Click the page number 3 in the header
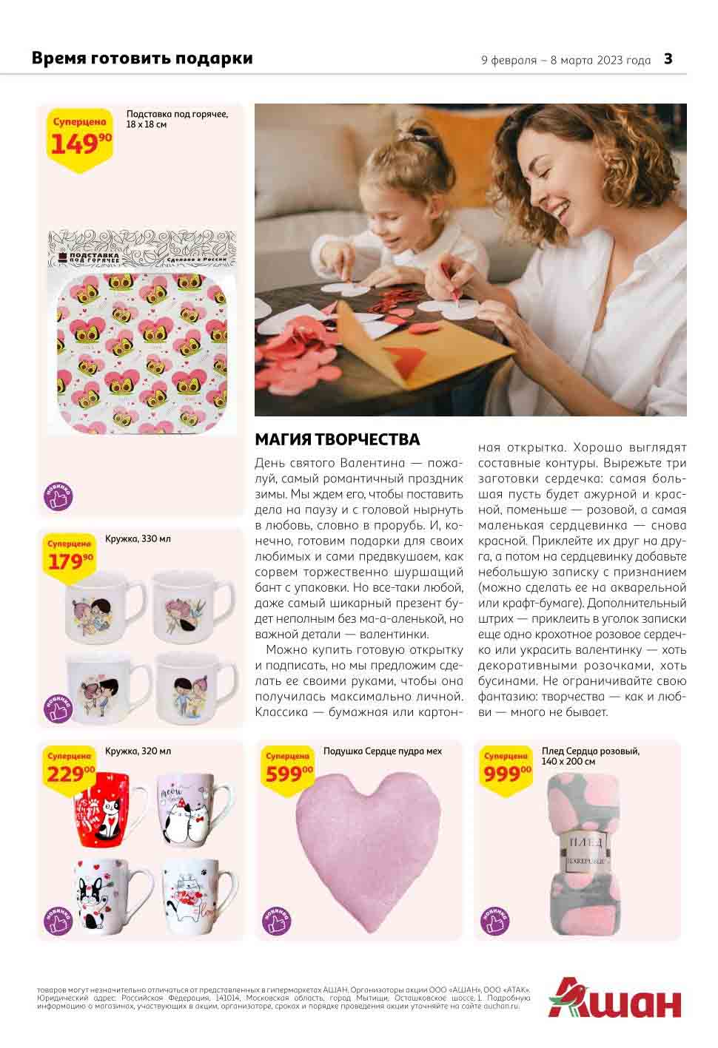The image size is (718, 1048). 668,59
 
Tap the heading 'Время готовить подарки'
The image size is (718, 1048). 142,58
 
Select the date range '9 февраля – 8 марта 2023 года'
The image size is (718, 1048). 566,61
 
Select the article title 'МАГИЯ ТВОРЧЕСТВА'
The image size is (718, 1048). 337,439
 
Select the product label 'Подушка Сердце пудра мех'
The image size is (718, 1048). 382,751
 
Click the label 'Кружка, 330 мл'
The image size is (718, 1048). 138,539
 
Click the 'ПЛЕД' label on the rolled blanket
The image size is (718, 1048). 585,842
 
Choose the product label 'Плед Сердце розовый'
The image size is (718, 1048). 590,751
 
